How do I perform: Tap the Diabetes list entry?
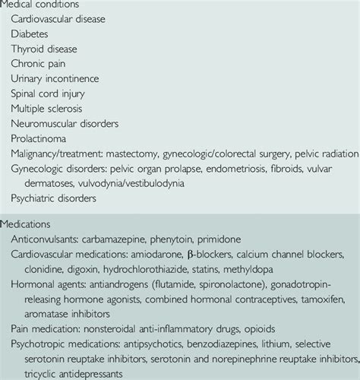(x=31, y=35)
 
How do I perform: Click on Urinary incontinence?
(x=55, y=78)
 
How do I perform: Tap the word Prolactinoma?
(x=40, y=138)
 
